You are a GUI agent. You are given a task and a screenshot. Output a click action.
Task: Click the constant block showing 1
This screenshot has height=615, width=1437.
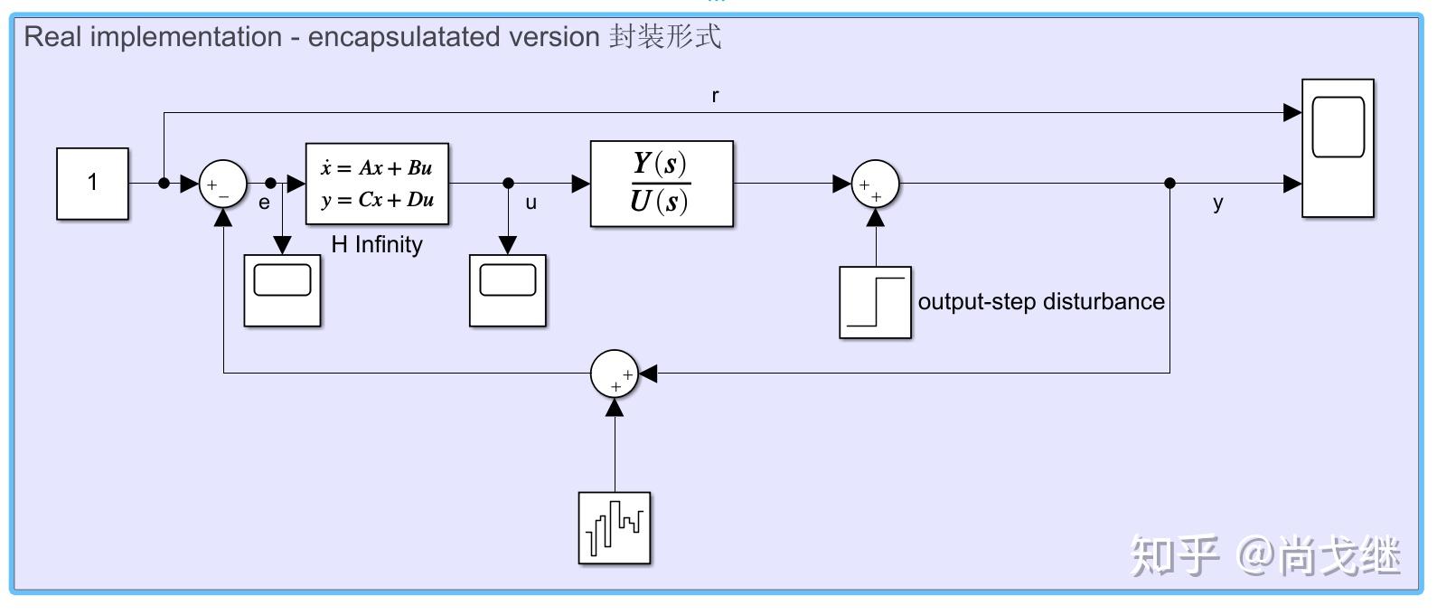coord(92,184)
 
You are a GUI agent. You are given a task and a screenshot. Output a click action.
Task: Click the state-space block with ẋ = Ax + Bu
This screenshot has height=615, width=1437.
coord(377,184)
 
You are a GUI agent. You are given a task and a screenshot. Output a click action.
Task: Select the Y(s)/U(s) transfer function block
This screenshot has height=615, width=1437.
coord(662,184)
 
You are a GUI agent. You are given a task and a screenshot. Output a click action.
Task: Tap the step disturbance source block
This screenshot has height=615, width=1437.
coord(875,302)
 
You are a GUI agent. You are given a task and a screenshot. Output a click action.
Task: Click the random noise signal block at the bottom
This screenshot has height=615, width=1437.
coord(615,528)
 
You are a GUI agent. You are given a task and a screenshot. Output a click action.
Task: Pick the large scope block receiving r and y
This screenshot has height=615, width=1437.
coord(1338,148)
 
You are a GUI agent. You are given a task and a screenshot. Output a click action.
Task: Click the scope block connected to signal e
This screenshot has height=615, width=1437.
coord(282,290)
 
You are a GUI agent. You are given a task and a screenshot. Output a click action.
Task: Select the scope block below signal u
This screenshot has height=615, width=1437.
coord(507,290)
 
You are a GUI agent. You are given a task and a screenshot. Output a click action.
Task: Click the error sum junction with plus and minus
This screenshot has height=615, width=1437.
coord(222,184)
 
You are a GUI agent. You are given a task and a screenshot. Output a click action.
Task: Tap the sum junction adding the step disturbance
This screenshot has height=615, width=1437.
coord(875,184)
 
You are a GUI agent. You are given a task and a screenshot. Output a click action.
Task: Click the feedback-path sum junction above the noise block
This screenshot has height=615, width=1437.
coord(615,373)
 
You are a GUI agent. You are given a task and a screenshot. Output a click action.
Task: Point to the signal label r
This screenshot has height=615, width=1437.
coord(715,96)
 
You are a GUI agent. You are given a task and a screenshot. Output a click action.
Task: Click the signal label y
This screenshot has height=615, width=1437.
coord(1217,203)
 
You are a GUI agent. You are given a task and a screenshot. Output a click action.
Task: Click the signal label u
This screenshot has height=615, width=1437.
coord(531,203)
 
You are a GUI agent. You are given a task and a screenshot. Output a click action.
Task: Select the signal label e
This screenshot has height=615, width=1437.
coord(264,203)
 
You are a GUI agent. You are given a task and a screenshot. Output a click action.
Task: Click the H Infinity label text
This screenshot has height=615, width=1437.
coord(377,244)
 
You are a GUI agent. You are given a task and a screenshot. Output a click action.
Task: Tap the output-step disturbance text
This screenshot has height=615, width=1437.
coord(1041,301)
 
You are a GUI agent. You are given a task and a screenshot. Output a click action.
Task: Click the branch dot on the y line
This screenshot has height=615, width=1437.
coord(1169,184)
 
